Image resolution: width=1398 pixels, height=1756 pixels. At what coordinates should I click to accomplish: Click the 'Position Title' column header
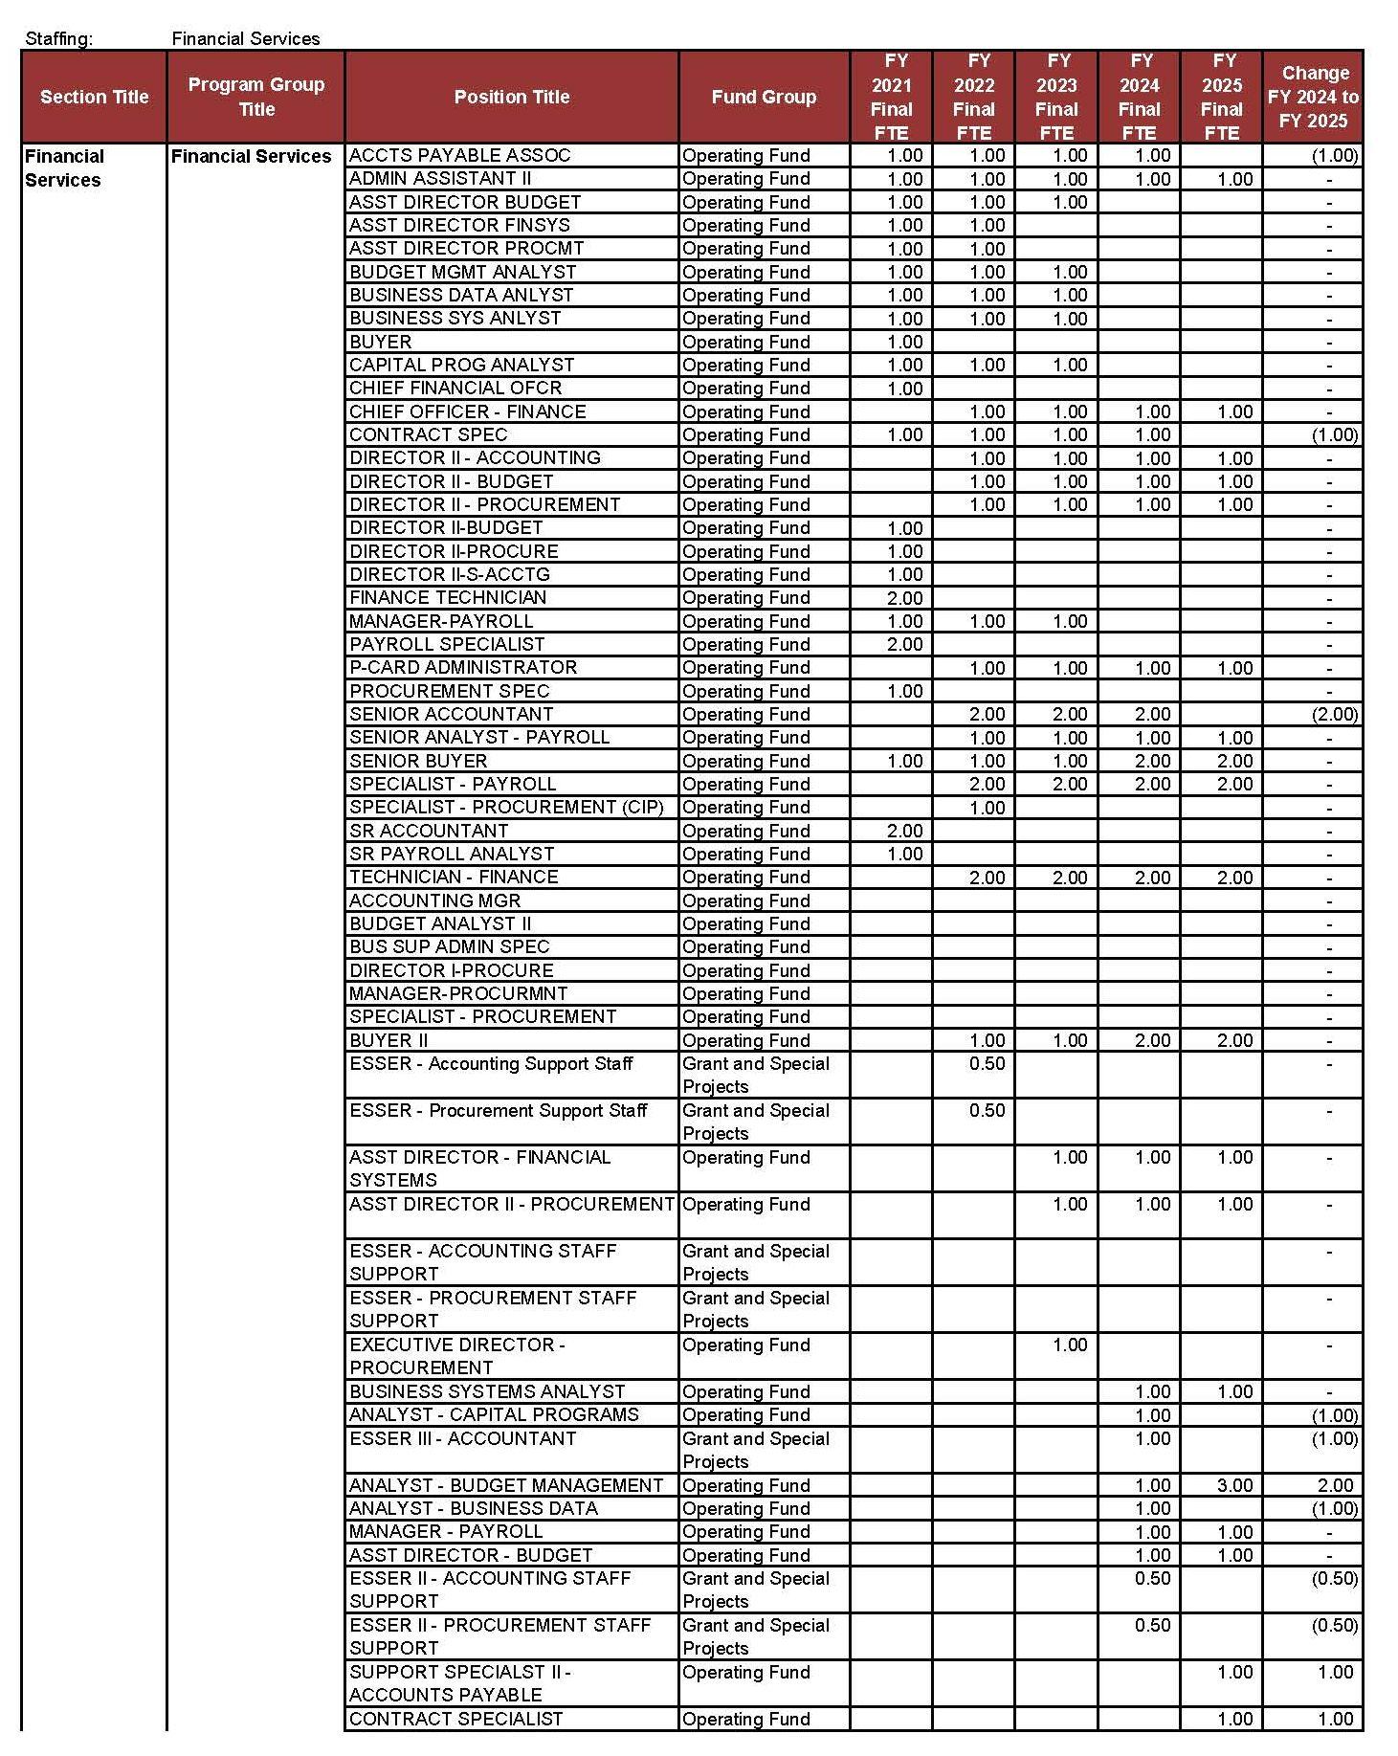pos(511,97)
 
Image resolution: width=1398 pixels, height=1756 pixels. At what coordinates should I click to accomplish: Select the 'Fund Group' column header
pos(764,97)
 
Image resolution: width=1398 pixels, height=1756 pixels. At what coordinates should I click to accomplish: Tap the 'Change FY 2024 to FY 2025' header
pos(1313,97)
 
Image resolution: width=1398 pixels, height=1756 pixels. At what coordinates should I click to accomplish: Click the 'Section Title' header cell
pos(94,97)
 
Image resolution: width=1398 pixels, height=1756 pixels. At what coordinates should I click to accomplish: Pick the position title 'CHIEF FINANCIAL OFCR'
pos(455,388)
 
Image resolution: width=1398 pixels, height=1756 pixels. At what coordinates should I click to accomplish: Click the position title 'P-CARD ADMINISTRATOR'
pos(463,667)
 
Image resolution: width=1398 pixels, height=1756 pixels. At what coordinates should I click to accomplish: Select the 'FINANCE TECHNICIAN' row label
pos(448,597)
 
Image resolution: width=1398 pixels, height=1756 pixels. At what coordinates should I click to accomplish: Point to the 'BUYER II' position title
pos(388,1040)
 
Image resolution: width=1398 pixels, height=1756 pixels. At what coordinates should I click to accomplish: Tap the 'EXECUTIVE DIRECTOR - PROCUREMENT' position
pos(457,1356)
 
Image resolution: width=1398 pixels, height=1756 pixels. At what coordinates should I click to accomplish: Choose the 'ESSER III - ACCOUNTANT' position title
pos(463,1438)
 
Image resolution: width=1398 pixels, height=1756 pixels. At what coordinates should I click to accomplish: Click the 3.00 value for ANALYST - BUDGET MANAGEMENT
pos(1234,1485)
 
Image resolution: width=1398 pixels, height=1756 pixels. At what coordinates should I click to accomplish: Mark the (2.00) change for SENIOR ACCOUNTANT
pos(1334,714)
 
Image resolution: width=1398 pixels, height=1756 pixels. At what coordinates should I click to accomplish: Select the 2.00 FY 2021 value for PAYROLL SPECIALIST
pos(904,644)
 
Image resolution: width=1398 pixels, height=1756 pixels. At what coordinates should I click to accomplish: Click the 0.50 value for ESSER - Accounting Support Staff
pos(987,1063)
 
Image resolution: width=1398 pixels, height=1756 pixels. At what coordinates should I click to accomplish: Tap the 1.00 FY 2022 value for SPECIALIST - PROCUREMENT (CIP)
pos(987,807)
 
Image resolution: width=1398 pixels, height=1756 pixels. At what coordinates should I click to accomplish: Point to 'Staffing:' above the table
pos(59,38)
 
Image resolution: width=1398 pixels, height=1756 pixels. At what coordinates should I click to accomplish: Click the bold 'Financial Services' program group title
pos(252,156)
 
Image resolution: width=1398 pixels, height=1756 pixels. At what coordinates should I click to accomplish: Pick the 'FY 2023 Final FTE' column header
pos(1056,97)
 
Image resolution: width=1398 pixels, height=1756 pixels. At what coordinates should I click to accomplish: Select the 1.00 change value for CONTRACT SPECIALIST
pos(1335,1719)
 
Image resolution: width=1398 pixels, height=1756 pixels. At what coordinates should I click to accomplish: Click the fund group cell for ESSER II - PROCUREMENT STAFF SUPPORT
pos(756,1636)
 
